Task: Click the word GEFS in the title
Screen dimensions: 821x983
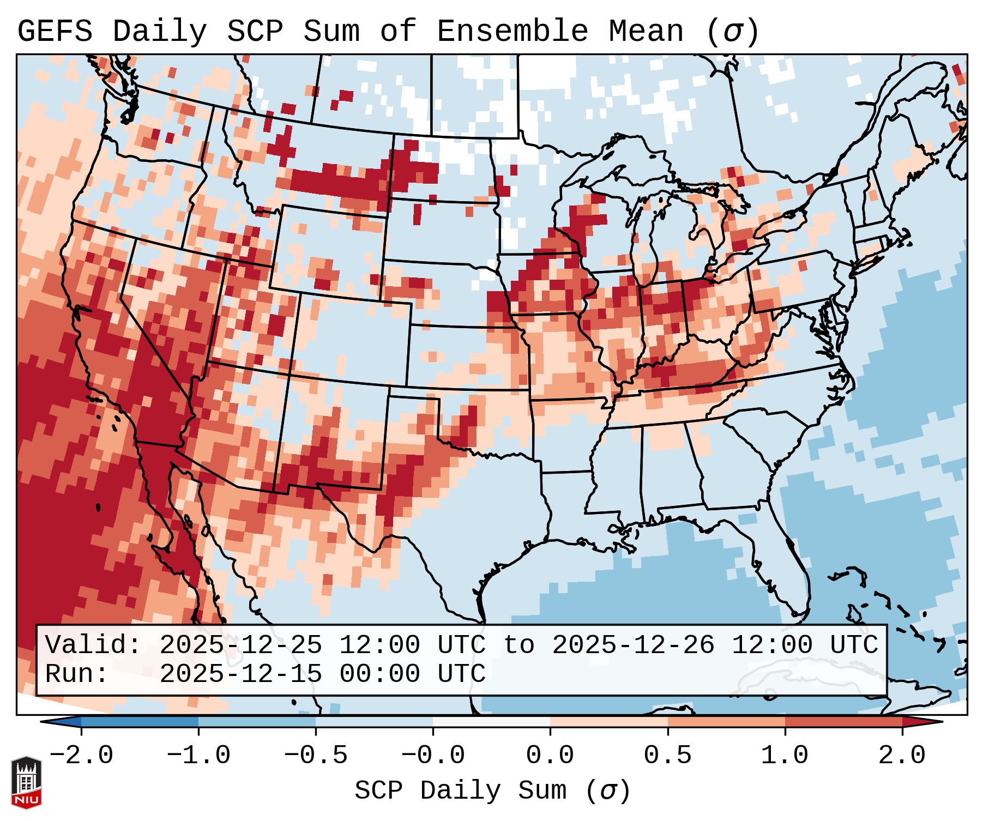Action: tap(55, 32)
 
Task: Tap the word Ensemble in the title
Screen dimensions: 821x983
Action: tap(512, 32)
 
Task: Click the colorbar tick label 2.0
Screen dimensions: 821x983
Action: tap(902, 756)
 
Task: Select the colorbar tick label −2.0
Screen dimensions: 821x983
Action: tap(81, 756)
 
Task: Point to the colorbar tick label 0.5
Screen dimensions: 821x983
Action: tap(667, 756)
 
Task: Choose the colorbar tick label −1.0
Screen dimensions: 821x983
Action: tap(198, 756)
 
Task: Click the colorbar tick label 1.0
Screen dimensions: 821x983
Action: tap(785, 756)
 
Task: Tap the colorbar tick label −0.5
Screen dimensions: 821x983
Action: tap(315, 756)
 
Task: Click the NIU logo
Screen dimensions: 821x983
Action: tap(26, 782)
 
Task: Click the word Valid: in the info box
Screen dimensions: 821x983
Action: tap(93, 645)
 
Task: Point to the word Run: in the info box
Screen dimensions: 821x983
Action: tap(77, 674)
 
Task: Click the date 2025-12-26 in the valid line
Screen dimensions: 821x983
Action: tap(633, 645)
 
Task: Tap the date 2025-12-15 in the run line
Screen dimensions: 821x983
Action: tap(240, 674)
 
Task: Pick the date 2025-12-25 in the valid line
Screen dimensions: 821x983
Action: tap(240, 645)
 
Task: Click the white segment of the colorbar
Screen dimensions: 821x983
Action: tap(491, 722)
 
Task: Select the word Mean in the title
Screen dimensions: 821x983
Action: tap(646, 32)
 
